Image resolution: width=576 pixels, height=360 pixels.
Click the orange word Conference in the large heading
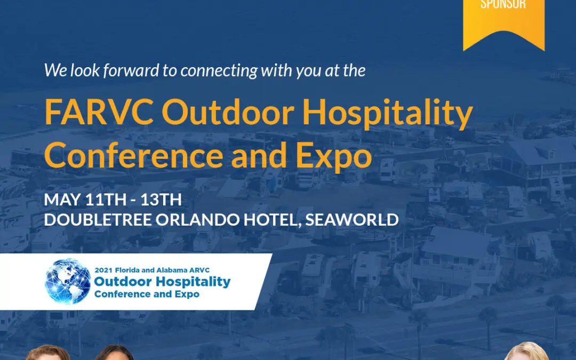pos(133,155)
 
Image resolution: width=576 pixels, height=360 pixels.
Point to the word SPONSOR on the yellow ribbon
pos(503,4)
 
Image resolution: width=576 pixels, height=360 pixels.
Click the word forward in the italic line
pos(131,70)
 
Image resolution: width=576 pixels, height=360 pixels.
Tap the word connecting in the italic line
pos(219,71)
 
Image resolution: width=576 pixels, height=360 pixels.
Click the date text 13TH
pos(161,200)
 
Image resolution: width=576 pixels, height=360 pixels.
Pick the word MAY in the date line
pos(62,200)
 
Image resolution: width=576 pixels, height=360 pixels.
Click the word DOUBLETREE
pos(98,220)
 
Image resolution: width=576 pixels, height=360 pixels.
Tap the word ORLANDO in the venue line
pos(198,220)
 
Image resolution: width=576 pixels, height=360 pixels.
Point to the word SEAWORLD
pos(352,220)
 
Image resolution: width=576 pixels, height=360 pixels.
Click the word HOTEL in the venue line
pos(271,220)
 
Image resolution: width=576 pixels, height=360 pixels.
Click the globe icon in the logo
pos(68,282)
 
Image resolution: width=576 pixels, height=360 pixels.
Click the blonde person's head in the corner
pos(526,352)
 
